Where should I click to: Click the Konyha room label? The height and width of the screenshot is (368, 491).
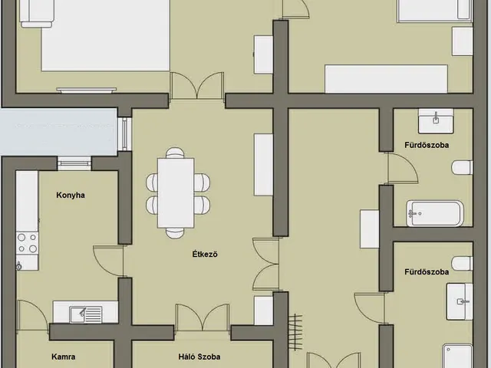coord(71,195)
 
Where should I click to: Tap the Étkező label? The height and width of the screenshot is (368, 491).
coord(205,254)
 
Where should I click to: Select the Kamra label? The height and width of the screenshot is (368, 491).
coord(63,356)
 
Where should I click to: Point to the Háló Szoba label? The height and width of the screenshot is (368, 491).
coord(199,356)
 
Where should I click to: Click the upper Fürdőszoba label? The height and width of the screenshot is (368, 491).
coord(427,145)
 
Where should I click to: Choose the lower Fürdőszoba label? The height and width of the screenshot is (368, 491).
coord(427,272)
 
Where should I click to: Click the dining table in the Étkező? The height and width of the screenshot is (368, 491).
coord(176,192)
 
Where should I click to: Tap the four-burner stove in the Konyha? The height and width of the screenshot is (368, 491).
coord(28,243)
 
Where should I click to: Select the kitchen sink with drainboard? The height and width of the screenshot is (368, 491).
coord(86,314)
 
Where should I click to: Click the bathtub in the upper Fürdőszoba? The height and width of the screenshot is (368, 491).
coord(435,213)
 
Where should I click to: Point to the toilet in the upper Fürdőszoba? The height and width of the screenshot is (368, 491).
coord(462,167)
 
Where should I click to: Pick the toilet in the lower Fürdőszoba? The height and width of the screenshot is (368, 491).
coord(463,264)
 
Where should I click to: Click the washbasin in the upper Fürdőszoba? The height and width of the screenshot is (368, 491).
coord(436,121)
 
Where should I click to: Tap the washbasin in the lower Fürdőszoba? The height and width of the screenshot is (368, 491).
coord(460,301)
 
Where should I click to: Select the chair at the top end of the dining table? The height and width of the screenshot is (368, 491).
coord(176,153)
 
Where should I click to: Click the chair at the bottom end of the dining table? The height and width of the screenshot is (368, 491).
coord(176,233)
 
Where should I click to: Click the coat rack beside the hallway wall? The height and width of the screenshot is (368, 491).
coord(295,332)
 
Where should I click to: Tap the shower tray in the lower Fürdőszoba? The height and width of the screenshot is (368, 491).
coord(457,356)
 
